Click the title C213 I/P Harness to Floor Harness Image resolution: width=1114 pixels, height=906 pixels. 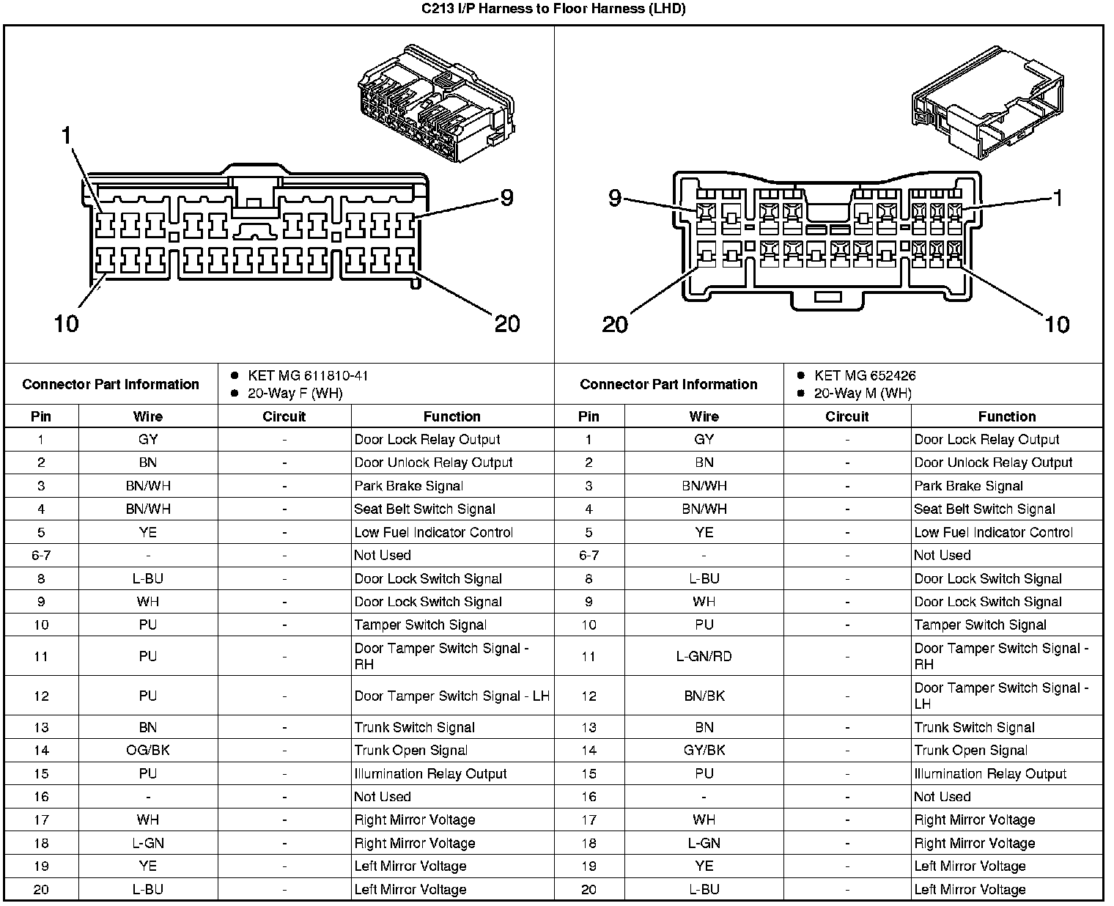tap(553, 10)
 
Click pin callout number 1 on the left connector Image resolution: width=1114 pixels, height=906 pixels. tap(67, 135)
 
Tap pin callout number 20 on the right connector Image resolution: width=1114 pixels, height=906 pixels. tap(615, 324)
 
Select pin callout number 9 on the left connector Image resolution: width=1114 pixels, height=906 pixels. tap(506, 197)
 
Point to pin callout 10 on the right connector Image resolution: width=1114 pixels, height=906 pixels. tap(1057, 324)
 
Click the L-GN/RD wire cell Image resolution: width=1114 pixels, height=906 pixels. tap(704, 656)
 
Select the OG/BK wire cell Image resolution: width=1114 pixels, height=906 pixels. tap(147, 750)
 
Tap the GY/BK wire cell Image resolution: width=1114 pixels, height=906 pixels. tap(704, 750)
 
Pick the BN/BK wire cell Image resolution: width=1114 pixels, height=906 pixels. tap(704, 696)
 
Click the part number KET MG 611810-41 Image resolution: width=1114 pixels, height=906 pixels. tap(308, 376)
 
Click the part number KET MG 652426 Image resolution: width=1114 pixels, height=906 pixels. tap(865, 376)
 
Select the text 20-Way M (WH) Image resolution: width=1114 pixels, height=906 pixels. tap(863, 394)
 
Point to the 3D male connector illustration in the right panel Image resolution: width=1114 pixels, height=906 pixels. tap(985, 103)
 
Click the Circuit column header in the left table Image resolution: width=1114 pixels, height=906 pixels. tap(284, 416)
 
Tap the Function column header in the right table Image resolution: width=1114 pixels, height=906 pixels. tap(1006, 416)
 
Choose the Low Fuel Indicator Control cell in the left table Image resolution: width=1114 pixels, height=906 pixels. tap(433, 532)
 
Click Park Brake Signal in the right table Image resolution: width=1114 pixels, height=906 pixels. tap(968, 486)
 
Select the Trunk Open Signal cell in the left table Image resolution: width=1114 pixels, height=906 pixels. tap(410, 750)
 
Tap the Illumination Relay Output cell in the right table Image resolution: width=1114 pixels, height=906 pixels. tap(990, 773)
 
